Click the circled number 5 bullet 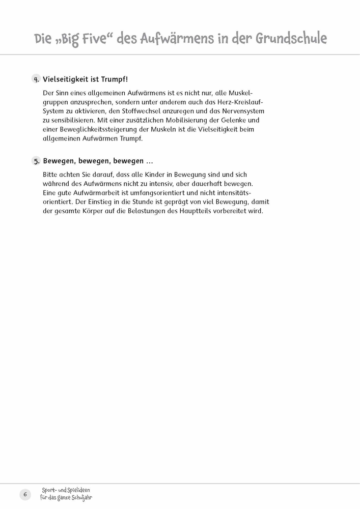coord(36,161)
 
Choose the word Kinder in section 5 coord(151,175)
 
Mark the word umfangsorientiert coord(145,193)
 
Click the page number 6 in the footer coord(25,494)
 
